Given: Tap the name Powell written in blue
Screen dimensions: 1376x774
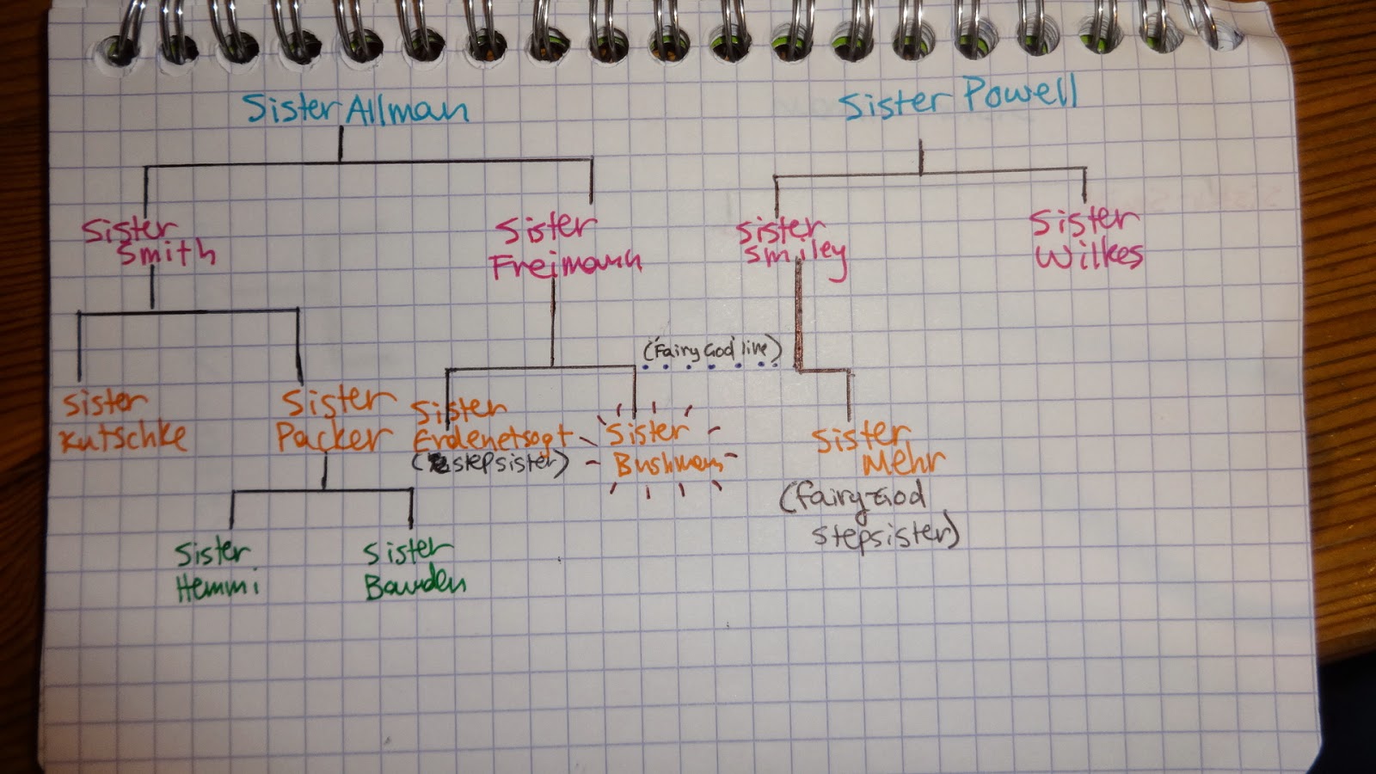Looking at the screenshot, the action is click(x=1019, y=95).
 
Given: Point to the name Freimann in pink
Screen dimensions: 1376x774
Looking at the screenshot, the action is click(x=566, y=262).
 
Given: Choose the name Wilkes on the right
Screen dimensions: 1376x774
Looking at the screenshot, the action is click(x=1089, y=255).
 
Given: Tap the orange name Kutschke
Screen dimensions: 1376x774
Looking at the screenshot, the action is click(x=123, y=437).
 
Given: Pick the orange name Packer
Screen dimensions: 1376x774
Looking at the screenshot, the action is click(x=332, y=438).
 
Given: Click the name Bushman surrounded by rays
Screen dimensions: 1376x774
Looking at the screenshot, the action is click(x=666, y=464).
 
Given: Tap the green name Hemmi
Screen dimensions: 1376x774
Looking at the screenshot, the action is click(x=217, y=588).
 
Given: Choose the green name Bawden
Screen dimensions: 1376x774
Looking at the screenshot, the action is click(x=415, y=587).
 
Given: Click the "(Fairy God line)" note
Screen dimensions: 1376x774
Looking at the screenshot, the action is click(x=712, y=349).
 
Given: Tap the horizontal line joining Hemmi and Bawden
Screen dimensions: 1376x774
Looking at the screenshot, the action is click(x=322, y=491).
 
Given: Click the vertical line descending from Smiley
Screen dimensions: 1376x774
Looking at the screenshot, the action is click(x=798, y=318).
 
